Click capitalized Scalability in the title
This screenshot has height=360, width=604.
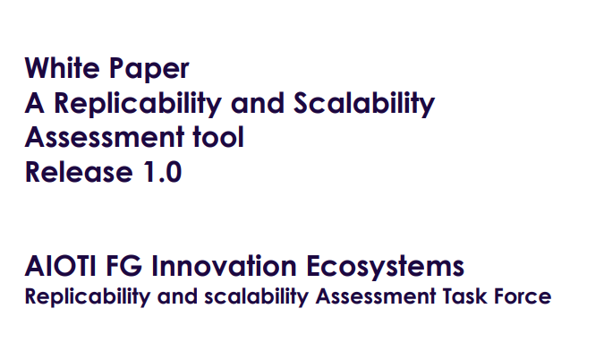click(364, 103)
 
